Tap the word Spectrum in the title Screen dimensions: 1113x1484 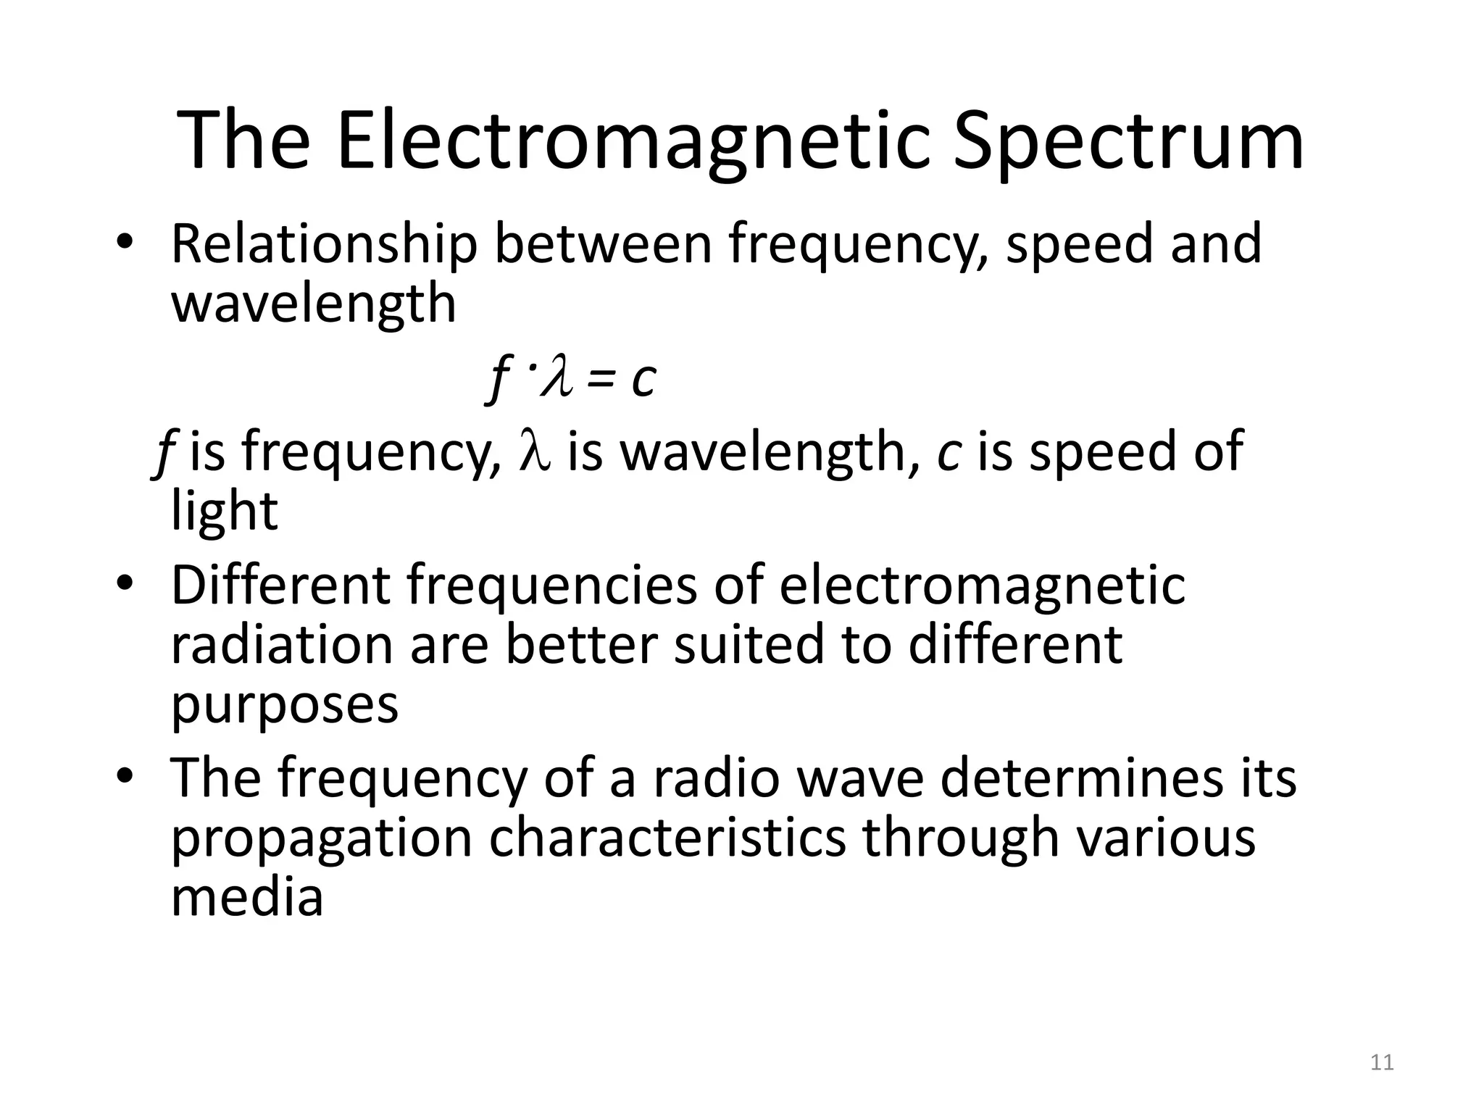coord(1127,143)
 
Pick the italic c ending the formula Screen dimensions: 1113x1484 coord(643,379)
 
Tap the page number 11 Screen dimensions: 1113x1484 coord(1383,1062)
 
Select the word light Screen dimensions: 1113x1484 coord(224,511)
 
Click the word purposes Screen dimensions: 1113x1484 coord(284,706)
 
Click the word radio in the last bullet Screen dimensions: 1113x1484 coord(716,778)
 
